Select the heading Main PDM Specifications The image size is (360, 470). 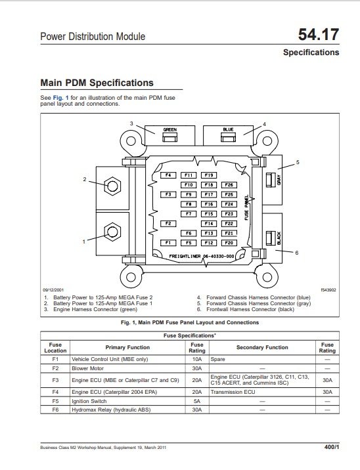tap(97, 83)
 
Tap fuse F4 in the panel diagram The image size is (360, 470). tap(168, 175)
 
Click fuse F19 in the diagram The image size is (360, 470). tap(209, 175)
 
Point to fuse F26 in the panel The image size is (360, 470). tap(229, 185)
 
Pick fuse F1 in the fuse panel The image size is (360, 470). tap(168, 243)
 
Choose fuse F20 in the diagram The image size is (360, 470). tap(229, 243)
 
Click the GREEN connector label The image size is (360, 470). tap(169, 131)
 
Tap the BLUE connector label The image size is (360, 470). tap(228, 130)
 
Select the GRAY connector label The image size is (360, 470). tap(279, 178)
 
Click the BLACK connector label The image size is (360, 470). tap(279, 238)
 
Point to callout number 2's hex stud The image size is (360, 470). tap(112, 186)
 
